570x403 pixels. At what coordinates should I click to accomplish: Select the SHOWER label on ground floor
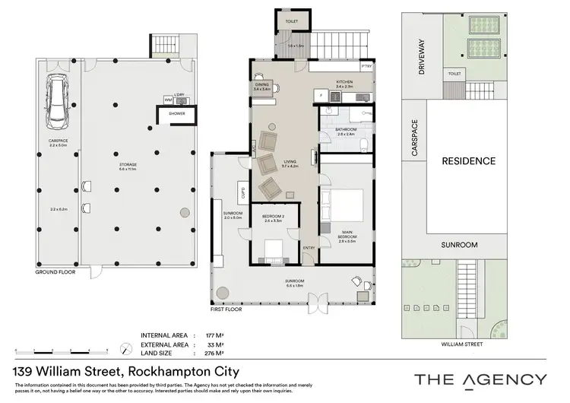point(176,114)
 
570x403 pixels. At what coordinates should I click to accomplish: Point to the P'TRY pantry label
point(366,67)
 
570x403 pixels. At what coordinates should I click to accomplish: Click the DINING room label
point(262,85)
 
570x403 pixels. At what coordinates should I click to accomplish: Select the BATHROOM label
point(345,130)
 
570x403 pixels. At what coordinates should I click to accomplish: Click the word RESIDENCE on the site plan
point(469,161)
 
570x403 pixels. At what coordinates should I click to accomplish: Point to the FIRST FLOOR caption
point(226,310)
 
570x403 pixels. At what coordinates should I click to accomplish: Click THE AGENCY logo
point(480,379)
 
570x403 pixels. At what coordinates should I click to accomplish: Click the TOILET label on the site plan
point(477,74)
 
